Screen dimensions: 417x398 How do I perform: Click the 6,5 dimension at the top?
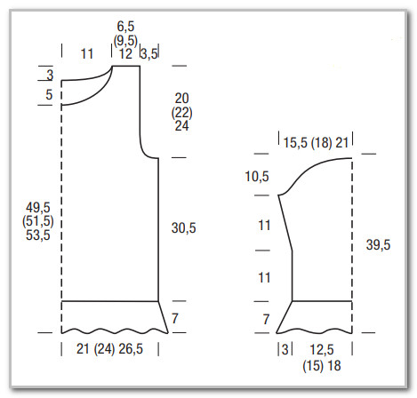(125, 27)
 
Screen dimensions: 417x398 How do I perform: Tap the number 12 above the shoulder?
(125, 54)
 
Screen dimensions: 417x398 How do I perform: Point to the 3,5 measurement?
(149, 54)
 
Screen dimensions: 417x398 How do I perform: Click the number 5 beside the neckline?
(49, 95)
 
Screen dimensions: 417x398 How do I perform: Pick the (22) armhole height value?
(181, 113)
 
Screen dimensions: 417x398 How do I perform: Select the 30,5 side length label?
(183, 228)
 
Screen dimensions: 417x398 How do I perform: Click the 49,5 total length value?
(38, 208)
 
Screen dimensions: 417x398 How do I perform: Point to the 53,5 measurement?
(38, 235)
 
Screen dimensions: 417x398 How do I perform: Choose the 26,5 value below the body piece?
(131, 349)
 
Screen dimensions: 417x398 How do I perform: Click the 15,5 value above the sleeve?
(295, 143)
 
